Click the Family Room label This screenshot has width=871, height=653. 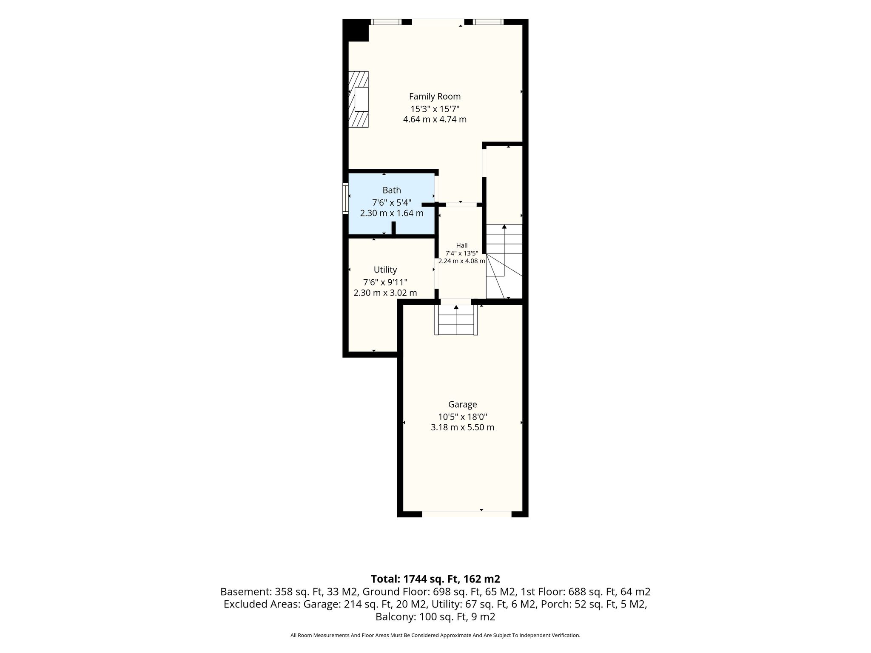pyautogui.click(x=435, y=97)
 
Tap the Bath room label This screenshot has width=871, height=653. pyautogui.click(x=392, y=190)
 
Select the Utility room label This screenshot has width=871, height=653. pyautogui.click(x=385, y=270)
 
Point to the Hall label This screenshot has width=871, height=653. pyautogui.click(x=462, y=245)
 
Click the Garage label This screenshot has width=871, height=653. pyautogui.click(x=462, y=404)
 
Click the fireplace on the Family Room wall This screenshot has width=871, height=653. pyautogui.click(x=359, y=99)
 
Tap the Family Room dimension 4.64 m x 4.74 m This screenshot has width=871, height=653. pyautogui.click(x=435, y=119)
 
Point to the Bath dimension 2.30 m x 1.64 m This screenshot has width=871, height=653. pyautogui.click(x=392, y=213)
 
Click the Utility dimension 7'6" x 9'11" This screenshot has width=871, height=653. pyautogui.click(x=385, y=282)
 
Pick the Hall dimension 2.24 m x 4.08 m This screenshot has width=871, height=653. pyautogui.click(x=462, y=261)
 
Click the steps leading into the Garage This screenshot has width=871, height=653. pyautogui.click(x=456, y=320)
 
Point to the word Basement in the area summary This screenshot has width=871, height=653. pyautogui.click(x=245, y=592)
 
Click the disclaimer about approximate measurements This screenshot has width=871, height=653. pyautogui.click(x=435, y=635)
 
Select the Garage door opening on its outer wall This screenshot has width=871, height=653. pyautogui.click(x=467, y=514)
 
